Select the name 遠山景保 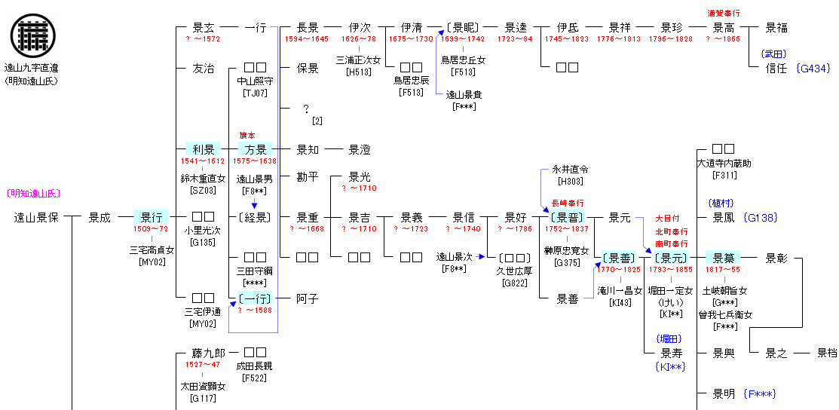pyautogui.click(x=35, y=219)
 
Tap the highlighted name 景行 pyautogui.click(x=151, y=218)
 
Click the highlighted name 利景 pyautogui.click(x=203, y=149)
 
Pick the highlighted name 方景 pyautogui.click(x=256, y=149)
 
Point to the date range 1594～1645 pyautogui.click(x=307, y=39)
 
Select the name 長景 pyautogui.click(x=307, y=28)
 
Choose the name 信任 pyautogui.click(x=776, y=69)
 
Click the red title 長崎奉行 pyautogui.click(x=568, y=203)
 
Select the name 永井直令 pyautogui.click(x=569, y=170)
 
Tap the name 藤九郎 pyautogui.click(x=203, y=353)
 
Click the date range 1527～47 pyautogui.click(x=203, y=365)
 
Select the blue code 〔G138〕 pyautogui.click(x=761, y=218)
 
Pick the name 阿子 pyautogui.click(x=307, y=299)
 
